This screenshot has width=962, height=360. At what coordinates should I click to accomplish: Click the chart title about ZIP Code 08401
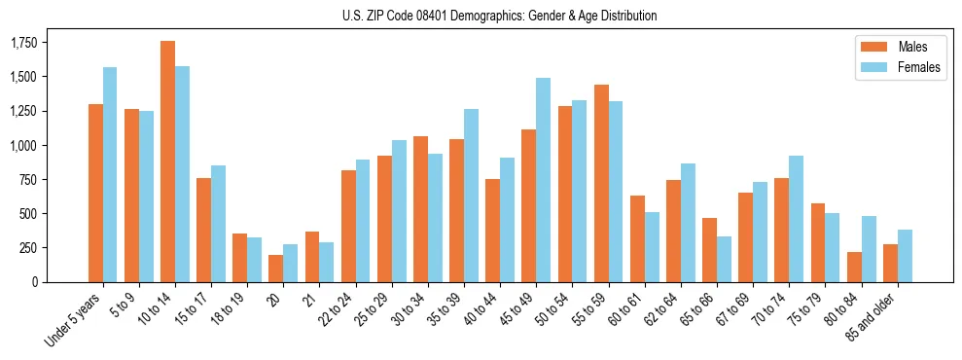(x=500, y=16)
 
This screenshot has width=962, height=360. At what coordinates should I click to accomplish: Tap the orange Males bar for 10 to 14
(x=167, y=162)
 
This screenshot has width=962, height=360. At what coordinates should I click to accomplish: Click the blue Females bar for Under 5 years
(x=110, y=175)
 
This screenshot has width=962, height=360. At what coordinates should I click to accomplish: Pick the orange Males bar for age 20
(x=276, y=269)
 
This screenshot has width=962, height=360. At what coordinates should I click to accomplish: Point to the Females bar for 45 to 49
(x=543, y=180)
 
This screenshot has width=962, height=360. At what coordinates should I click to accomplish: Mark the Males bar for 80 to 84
(x=854, y=267)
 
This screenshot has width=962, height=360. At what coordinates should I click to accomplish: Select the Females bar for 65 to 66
(x=724, y=259)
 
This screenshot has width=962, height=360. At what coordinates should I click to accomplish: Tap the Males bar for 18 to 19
(x=240, y=258)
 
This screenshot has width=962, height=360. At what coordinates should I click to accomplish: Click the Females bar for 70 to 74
(x=796, y=219)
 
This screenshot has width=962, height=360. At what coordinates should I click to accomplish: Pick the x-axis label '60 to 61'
(x=624, y=310)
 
